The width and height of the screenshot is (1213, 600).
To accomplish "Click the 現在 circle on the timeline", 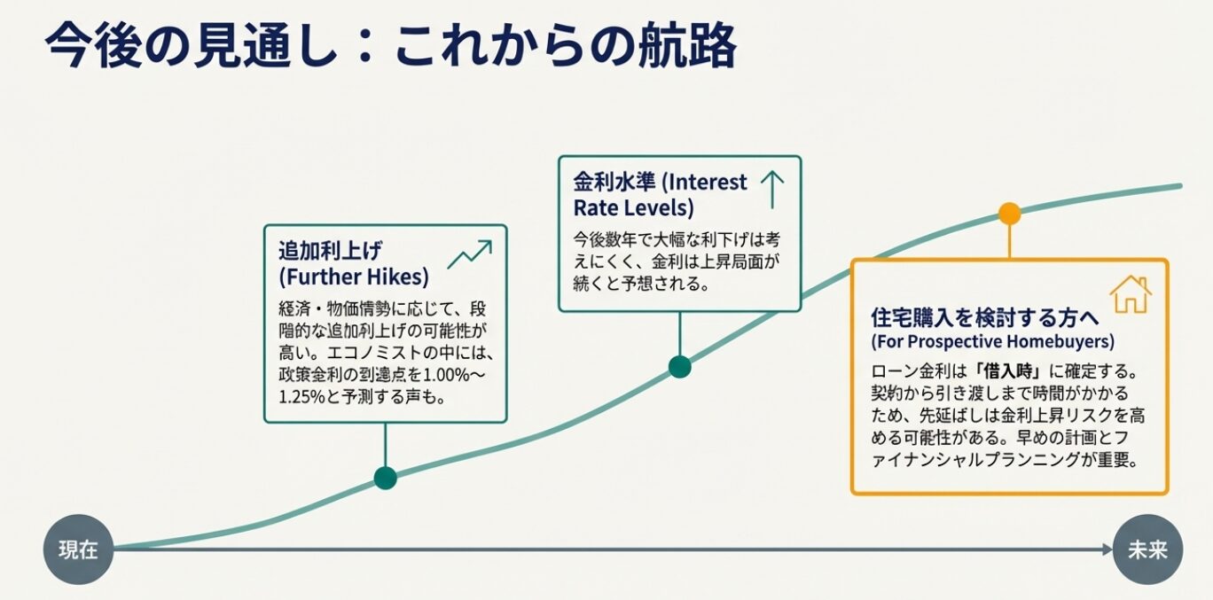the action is tap(78, 549).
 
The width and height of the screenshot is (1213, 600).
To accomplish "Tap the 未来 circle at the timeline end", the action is tap(1147, 549).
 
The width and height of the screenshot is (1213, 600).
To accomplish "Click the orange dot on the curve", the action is tap(1009, 214).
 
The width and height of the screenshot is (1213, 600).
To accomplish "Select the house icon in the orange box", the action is tap(1130, 294).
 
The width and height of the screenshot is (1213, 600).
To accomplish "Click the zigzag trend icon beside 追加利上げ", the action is tap(469, 254).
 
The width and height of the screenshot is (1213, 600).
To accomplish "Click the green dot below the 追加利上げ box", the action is tap(385, 479).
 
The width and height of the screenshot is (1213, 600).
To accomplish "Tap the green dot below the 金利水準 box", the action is tap(679, 366).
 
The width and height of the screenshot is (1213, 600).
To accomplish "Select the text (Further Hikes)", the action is tap(353, 277).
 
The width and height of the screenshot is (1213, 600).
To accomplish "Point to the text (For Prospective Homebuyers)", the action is tap(992, 341).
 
